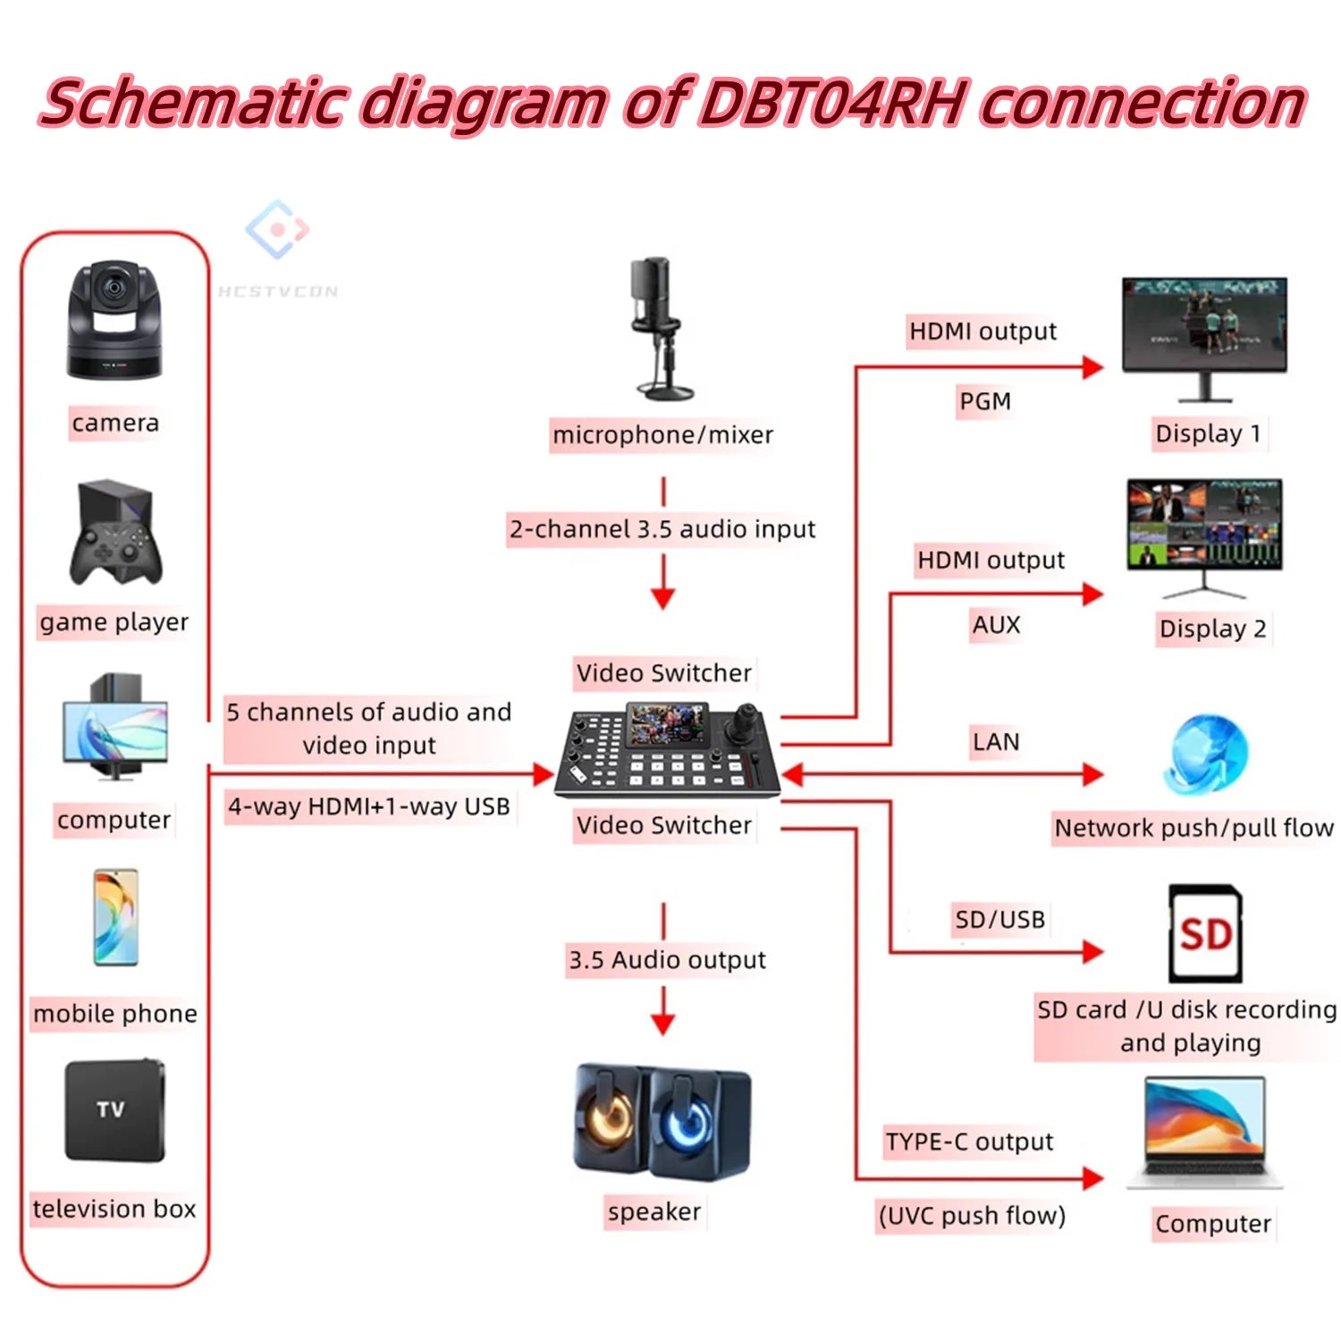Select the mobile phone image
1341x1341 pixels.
point(115,917)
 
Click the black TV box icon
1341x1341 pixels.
point(114,1110)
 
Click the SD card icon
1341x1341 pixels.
point(1205,933)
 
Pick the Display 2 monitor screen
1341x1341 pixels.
point(1204,526)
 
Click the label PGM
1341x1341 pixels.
point(984,401)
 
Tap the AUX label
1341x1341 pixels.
point(995,625)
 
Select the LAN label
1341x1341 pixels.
point(995,742)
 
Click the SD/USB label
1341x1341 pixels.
point(999,919)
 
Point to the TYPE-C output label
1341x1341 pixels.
point(969,1142)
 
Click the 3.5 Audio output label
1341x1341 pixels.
point(667,960)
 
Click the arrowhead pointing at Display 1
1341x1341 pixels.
point(1092,367)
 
